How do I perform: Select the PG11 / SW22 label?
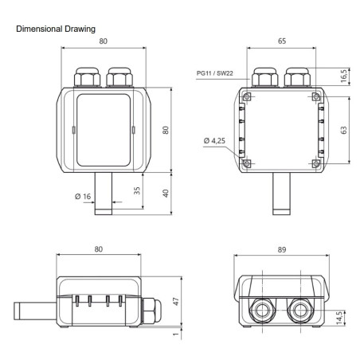(216, 73)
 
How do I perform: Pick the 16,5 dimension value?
(343, 77)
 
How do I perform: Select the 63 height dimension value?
(343, 130)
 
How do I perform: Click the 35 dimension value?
(137, 190)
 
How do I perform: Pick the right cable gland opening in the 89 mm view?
(300, 309)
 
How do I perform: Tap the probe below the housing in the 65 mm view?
(283, 194)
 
